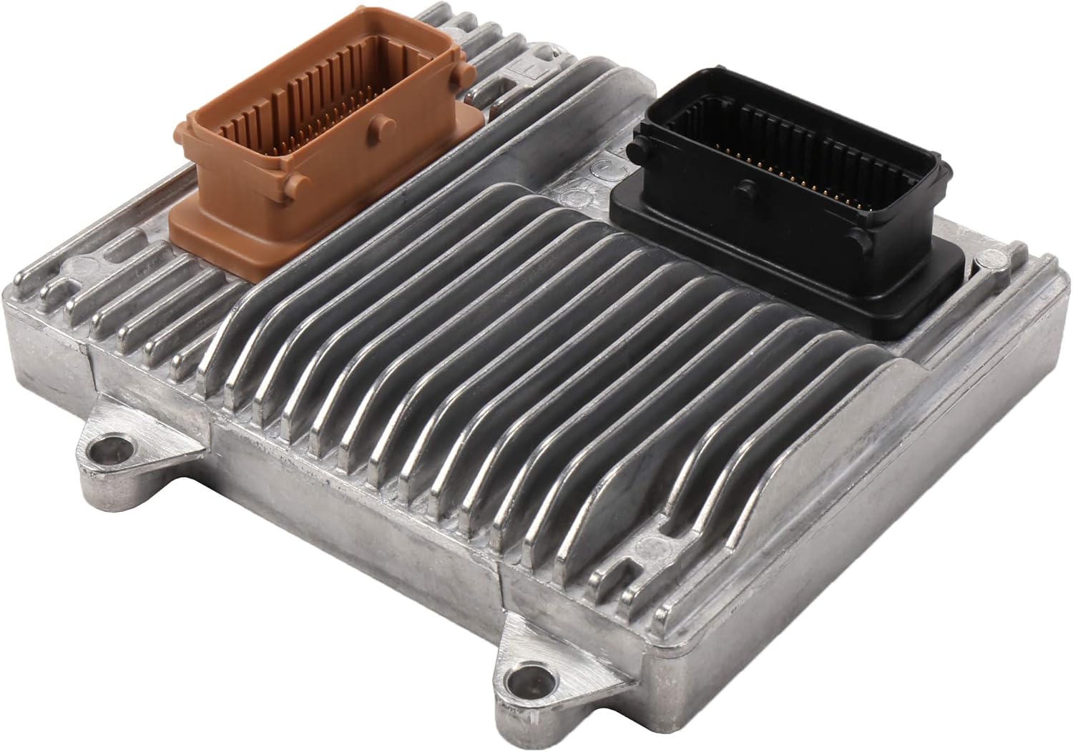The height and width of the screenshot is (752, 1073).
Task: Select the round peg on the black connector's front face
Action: click(x=746, y=192)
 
